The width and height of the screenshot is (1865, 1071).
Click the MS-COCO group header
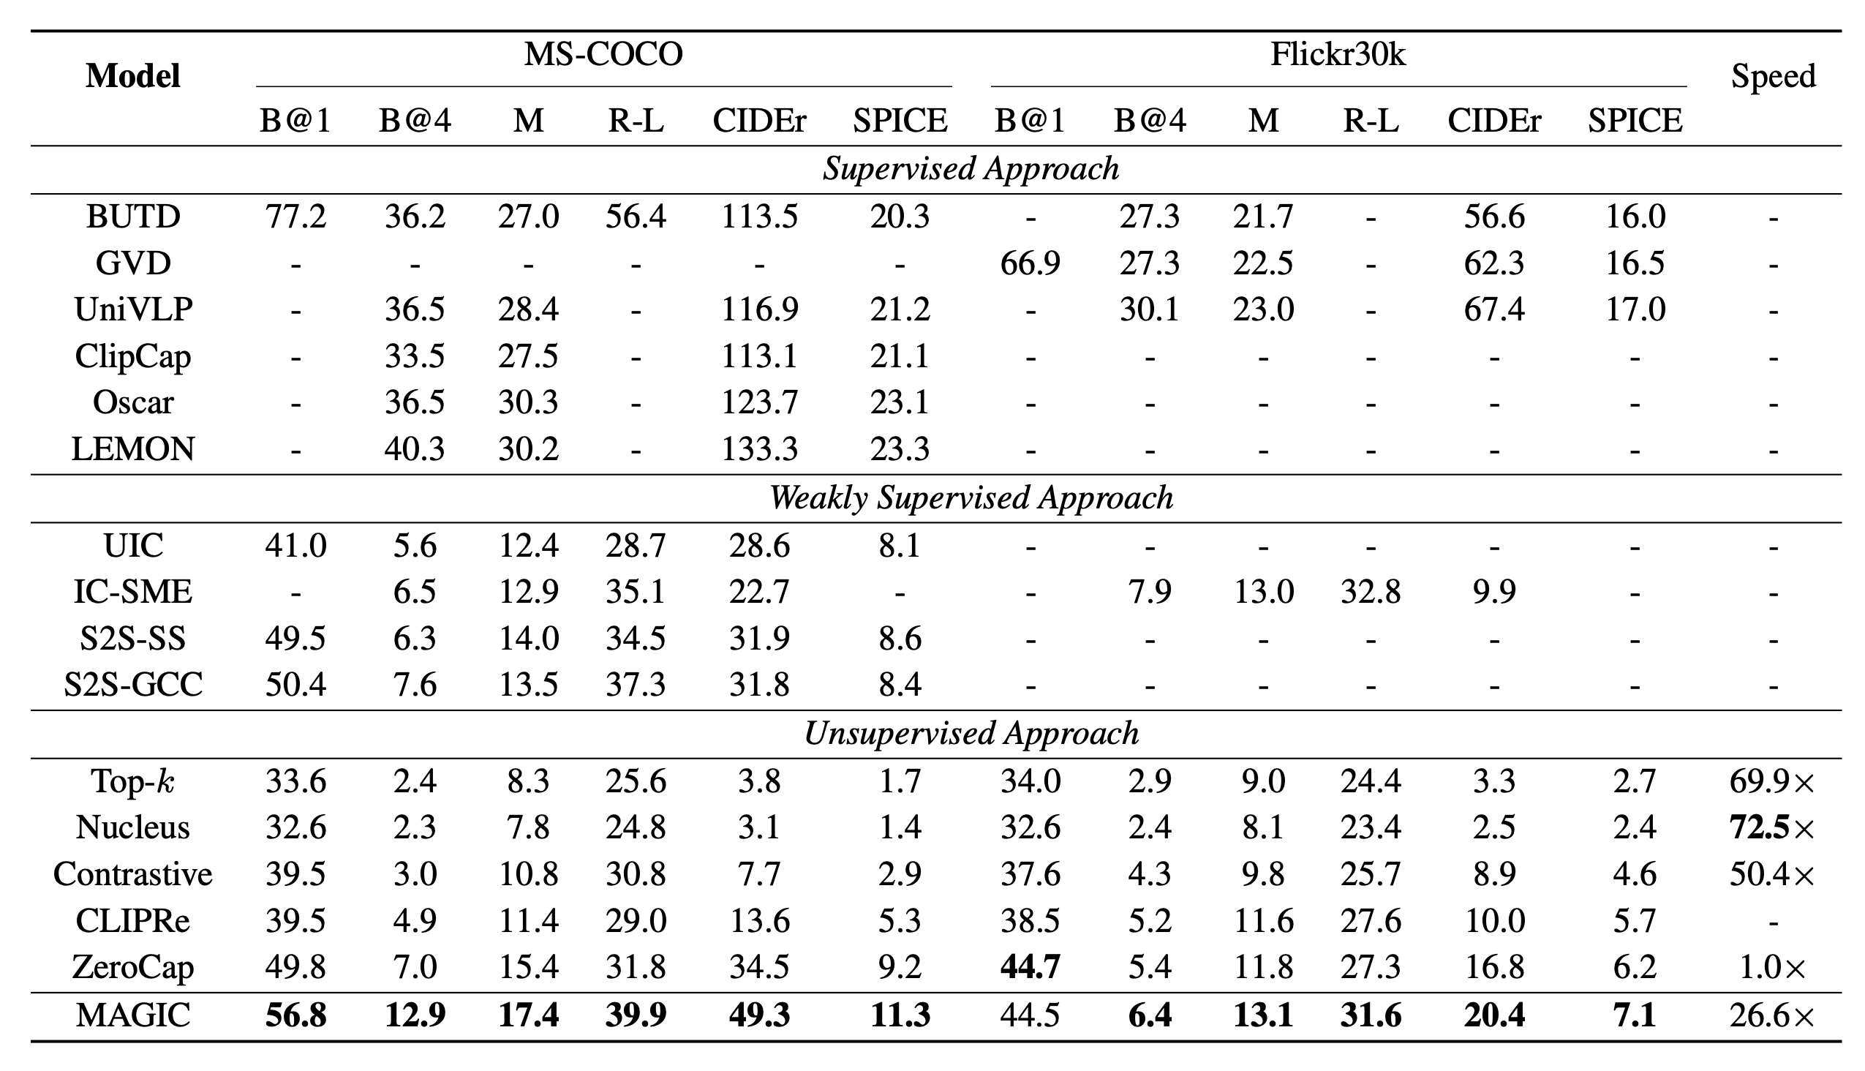[x=603, y=54]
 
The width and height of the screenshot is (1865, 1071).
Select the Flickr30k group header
[x=1338, y=54]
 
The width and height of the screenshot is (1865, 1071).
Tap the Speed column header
[x=1773, y=77]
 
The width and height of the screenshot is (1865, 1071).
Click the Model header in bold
[x=133, y=77]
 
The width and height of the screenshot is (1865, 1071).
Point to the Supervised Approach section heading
[x=971, y=169]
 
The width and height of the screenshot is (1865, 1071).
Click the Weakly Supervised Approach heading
[x=971, y=498]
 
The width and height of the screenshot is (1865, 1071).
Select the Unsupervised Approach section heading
[x=971, y=733]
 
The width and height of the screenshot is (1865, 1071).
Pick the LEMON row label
[x=133, y=448]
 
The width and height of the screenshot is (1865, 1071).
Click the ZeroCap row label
[x=133, y=967]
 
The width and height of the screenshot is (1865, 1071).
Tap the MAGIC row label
[x=133, y=1016]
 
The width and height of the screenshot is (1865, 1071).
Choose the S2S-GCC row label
[x=133, y=685]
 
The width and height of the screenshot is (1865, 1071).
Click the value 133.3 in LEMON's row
[x=759, y=448]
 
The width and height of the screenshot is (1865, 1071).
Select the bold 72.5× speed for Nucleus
[x=1771, y=827]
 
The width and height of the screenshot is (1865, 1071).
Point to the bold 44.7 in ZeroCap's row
[x=1030, y=967]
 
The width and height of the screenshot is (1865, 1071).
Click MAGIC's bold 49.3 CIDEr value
[x=759, y=1016]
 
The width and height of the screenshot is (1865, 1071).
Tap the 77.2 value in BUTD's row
[x=295, y=217]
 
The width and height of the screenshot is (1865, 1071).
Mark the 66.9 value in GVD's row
[x=1030, y=263]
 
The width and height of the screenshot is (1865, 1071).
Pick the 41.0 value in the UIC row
[x=295, y=546]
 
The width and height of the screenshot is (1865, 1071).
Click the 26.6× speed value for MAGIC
[x=1771, y=1016]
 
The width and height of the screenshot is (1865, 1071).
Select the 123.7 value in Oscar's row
[x=759, y=402]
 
